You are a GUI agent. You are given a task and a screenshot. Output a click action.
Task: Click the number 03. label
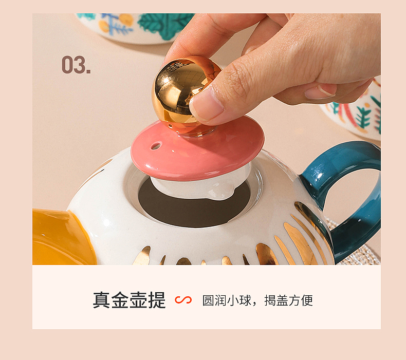coord(76,65)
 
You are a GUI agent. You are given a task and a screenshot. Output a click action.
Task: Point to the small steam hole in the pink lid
coord(155,146)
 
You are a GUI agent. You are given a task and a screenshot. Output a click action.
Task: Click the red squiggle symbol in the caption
coord(183,300)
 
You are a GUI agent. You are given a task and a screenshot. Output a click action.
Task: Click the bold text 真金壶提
coord(129,300)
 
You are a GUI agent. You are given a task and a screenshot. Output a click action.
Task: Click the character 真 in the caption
coord(102,300)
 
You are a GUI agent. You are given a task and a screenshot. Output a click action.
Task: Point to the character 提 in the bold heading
coord(157,300)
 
